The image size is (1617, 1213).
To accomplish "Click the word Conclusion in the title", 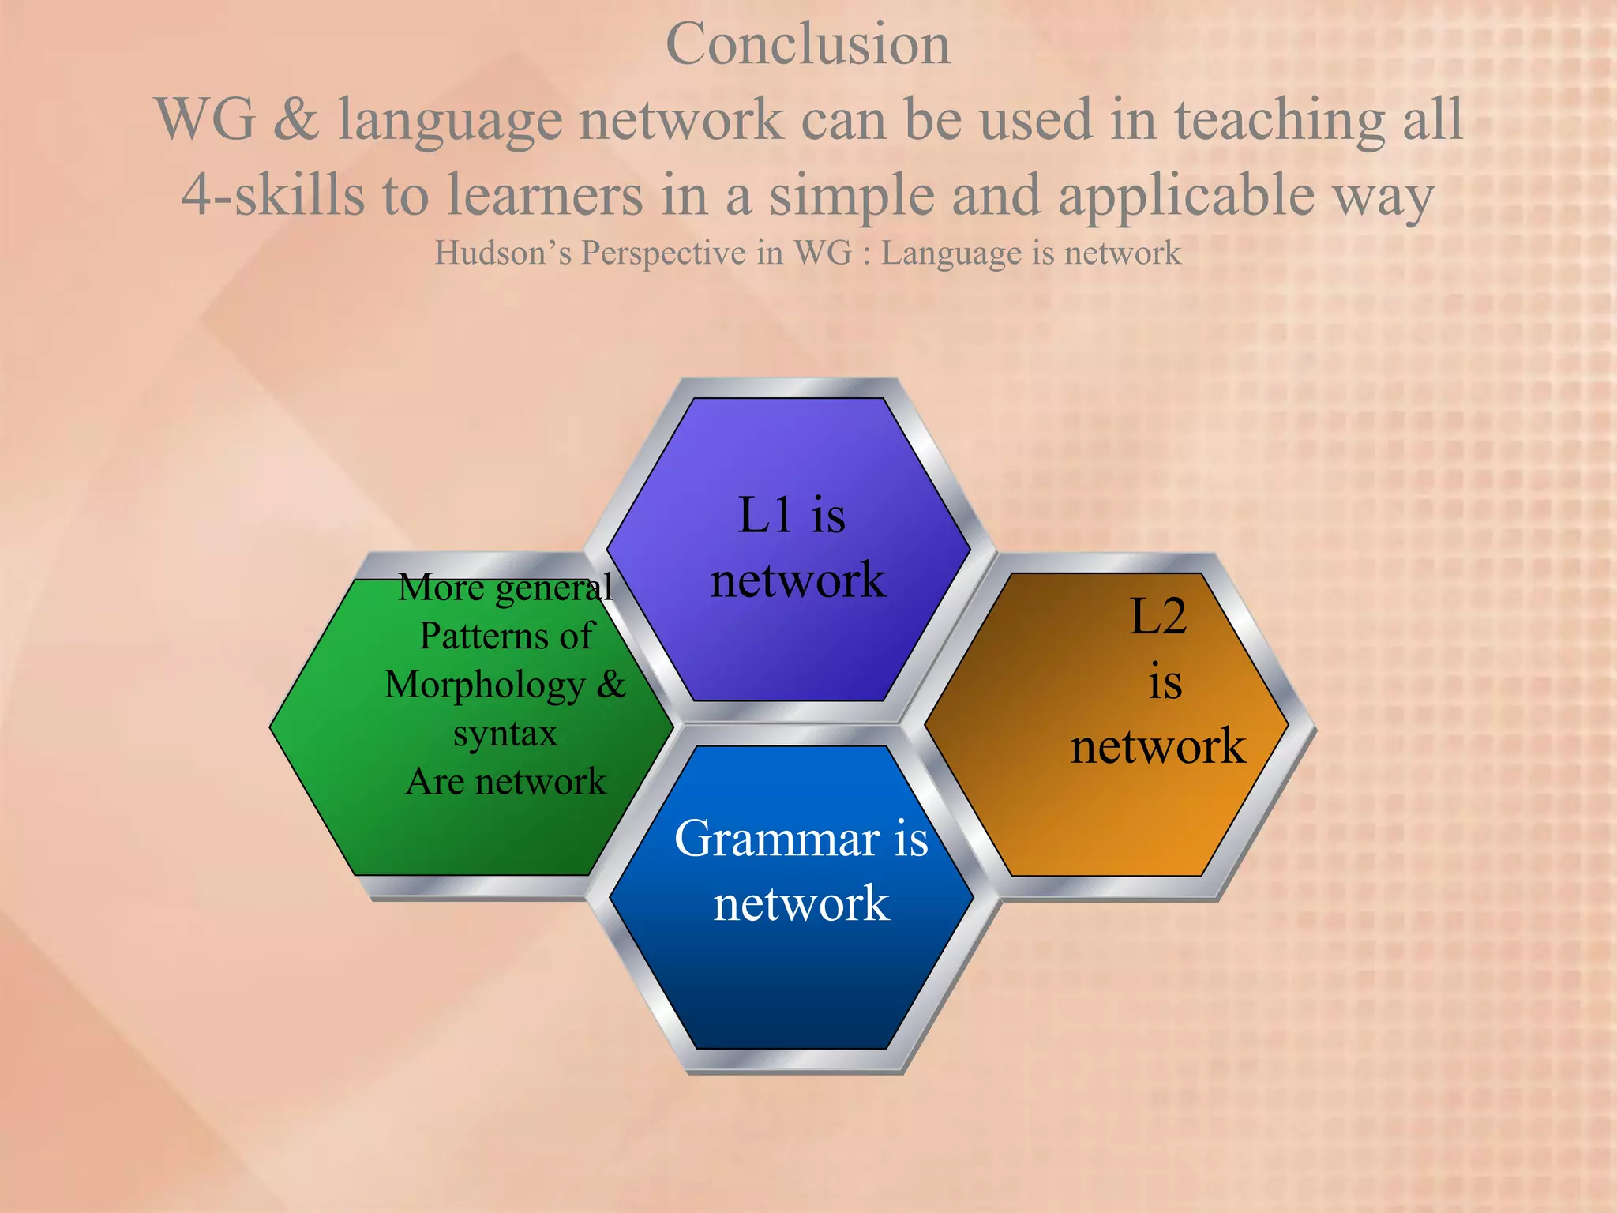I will point(808,44).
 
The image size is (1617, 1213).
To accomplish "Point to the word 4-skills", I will point(273,195).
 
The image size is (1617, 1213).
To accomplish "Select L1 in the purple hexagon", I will point(764,516).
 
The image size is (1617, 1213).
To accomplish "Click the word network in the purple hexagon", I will point(797,580).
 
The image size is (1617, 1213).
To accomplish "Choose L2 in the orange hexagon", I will point(1158,616).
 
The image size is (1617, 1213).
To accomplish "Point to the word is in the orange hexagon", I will point(1165,682).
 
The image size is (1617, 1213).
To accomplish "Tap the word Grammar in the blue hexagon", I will point(778,839).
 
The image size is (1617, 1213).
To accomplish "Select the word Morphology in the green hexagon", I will point(484,685).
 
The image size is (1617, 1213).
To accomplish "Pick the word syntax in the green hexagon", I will point(505,734).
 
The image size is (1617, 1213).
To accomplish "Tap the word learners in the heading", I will point(545,195).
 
